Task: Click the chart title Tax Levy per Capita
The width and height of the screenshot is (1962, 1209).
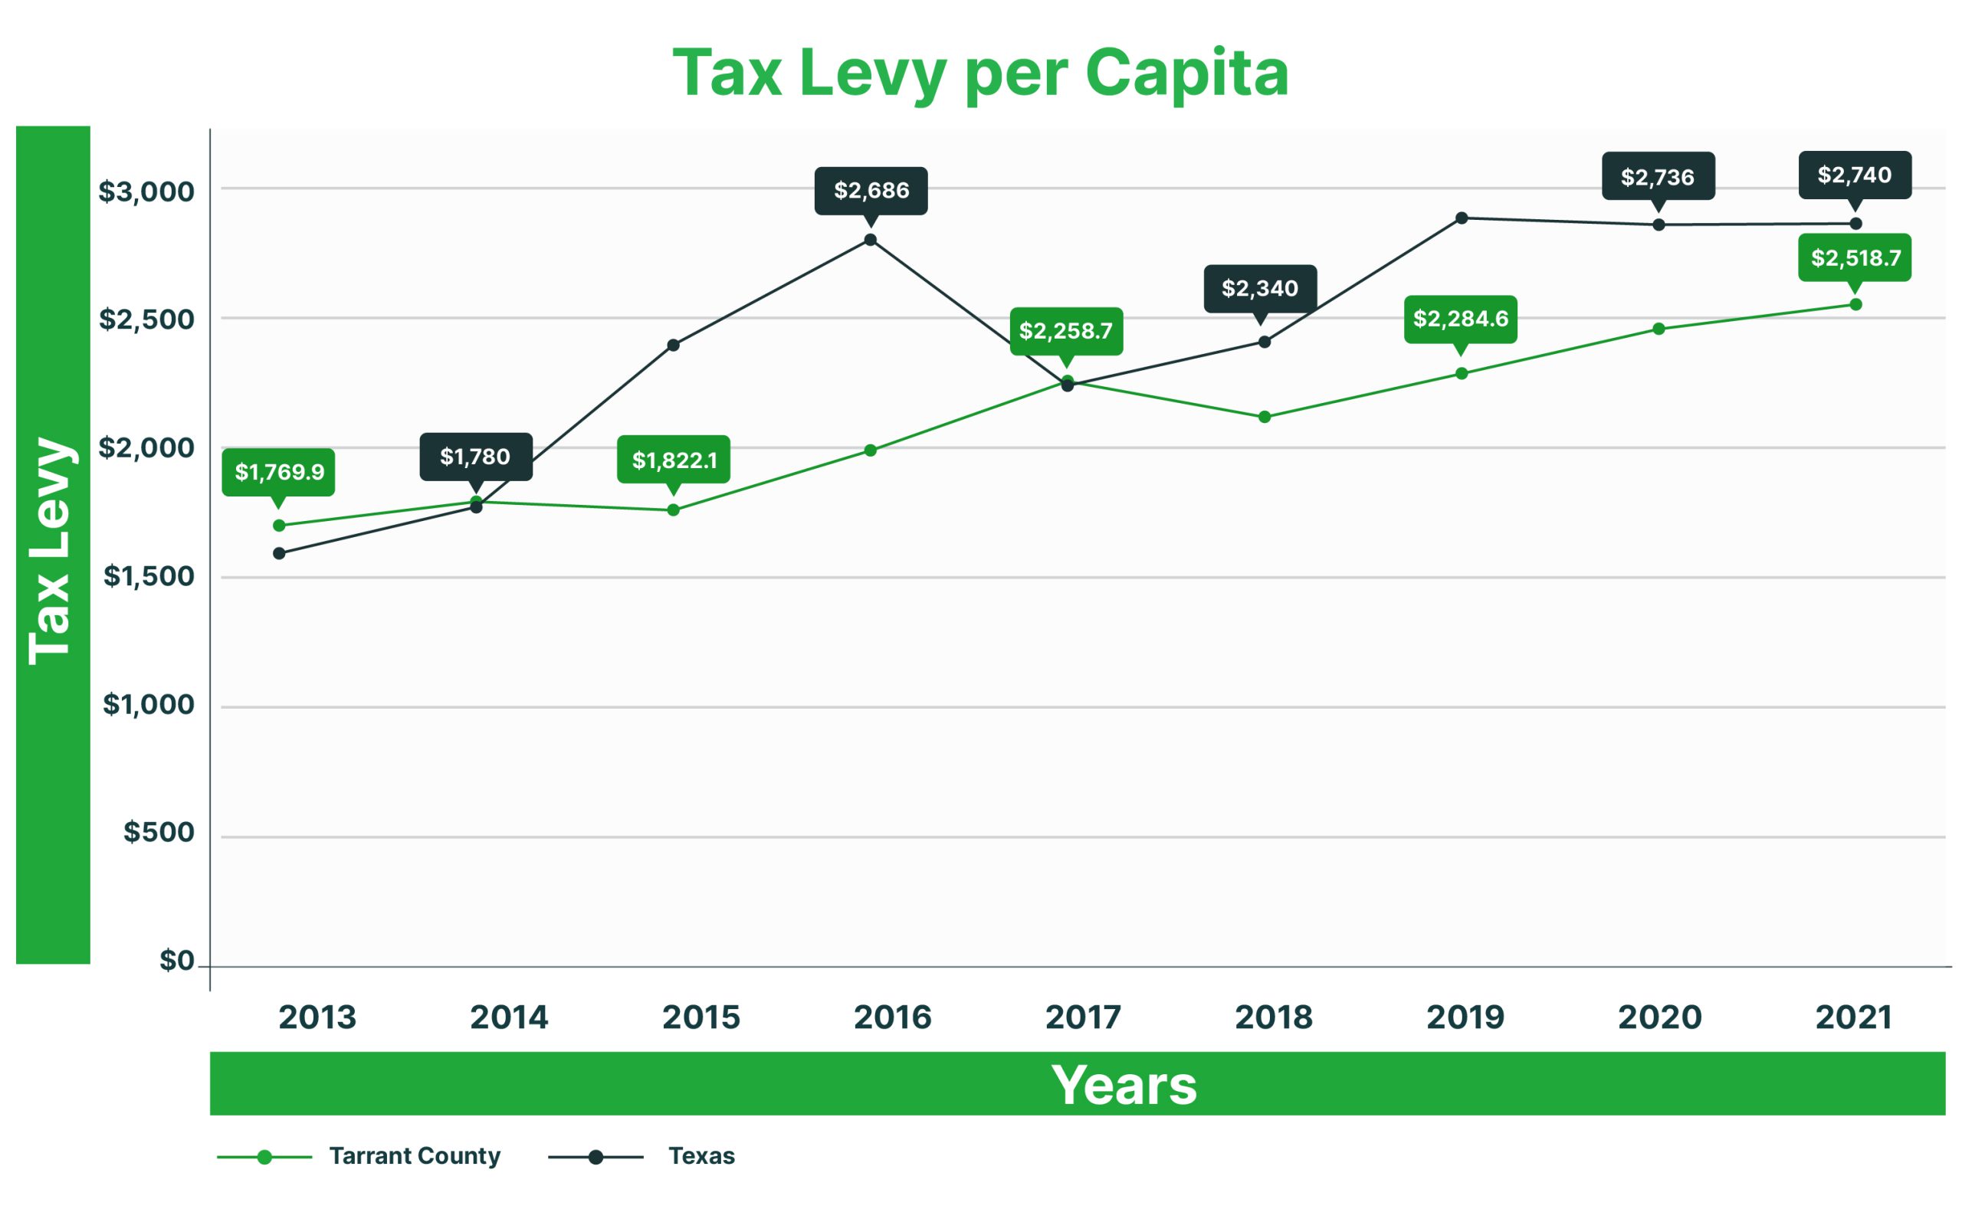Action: [979, 73]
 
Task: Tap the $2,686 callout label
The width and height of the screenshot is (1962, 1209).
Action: [871, 190]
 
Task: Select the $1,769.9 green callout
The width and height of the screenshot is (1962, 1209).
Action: [278, 472]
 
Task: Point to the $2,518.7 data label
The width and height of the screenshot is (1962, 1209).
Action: [1855, 257]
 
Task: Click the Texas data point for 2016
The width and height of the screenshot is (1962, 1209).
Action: [870, 240]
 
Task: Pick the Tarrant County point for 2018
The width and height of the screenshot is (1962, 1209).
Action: [1265, 417]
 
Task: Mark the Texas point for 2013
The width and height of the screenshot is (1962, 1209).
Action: [279, 553]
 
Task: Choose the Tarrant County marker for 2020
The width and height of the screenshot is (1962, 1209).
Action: [1659, 329]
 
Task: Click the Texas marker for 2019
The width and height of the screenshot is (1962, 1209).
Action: [1462, 218]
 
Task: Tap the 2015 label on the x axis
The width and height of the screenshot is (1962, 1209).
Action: [700, 1017]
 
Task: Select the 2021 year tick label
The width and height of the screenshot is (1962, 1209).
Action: [1853, 1017]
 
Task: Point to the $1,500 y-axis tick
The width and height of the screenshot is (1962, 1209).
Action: [149, 575]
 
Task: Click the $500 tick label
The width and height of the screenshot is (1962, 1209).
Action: [159, 831]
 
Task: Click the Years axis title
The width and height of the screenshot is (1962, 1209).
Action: [1123, 1084]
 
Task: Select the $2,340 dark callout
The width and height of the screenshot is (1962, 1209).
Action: [1260, 288]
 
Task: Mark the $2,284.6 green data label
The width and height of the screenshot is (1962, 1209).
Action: [1461, 318]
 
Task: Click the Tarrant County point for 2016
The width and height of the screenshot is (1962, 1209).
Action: [870, 451]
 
